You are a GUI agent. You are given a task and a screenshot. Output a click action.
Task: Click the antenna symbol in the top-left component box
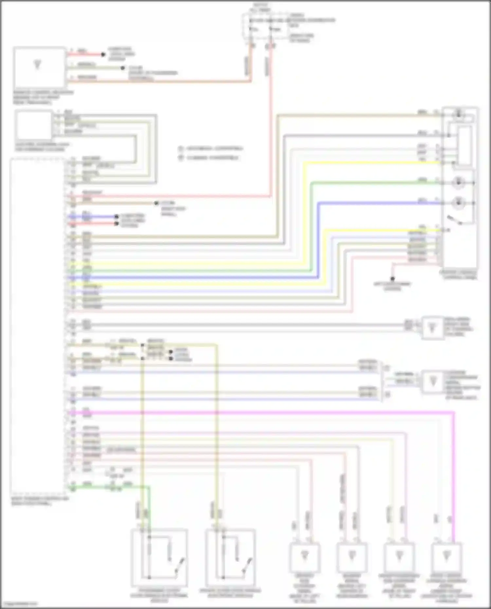tap(37, 64)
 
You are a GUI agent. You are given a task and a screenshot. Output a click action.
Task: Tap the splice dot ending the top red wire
tap(103, 54)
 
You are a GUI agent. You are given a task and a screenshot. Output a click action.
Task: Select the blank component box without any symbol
tap(34, 125)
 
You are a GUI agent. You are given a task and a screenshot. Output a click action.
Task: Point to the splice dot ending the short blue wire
tap(116, 217)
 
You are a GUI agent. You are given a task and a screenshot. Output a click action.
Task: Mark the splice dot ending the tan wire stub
tap(156, 203)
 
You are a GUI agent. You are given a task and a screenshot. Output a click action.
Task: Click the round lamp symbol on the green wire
tap(458, 183)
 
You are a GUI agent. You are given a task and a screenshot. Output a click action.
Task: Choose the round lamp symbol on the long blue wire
tap(458, 203)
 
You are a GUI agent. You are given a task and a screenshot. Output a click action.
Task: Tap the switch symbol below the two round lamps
tap(455, 220)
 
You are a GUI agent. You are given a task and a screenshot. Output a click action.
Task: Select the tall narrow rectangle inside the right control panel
tap(464, 146)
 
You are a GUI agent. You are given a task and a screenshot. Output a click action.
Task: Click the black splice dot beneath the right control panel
tap(392, 279)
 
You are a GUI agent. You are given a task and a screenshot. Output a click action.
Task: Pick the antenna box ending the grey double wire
tap(433, 327)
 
